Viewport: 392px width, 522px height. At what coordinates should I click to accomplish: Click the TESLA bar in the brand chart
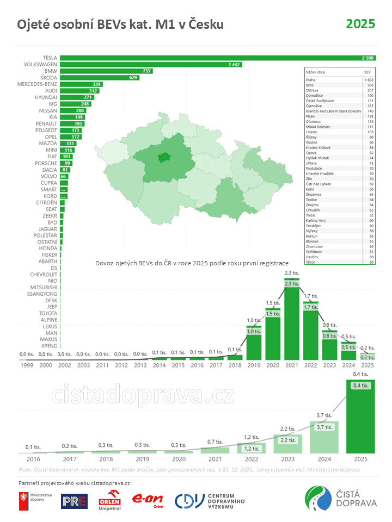(x=218, y=58)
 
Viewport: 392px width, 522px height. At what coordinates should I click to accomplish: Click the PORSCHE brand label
(x=46, y=163)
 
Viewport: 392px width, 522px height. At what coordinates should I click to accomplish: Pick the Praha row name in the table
(x=310, y=80)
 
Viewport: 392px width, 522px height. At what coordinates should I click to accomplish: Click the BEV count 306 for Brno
(x=370, y=85)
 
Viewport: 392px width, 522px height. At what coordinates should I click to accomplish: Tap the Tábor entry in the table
(x=311, y=262)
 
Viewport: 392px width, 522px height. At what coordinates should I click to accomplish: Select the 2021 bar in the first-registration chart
(x=292, y=321)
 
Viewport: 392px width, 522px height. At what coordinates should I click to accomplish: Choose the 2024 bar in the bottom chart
(x=324, y=437)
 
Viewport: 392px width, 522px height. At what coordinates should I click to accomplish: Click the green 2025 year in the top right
(x=360, y=24)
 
